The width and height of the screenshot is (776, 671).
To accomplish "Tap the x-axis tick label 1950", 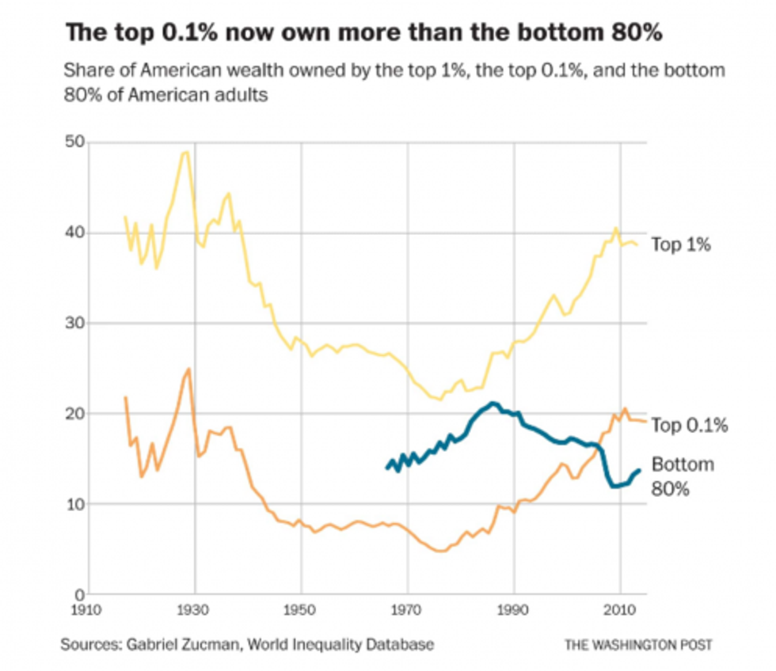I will [x=301, y=611].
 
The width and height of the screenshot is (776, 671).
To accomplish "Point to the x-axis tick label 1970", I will [x=408, y=611].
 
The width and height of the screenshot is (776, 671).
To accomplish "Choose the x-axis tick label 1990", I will [x=514, y=611].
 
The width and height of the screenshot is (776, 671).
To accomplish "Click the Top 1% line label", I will [x=680, y=245].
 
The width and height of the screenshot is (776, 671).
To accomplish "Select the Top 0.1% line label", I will [x=689, y=426].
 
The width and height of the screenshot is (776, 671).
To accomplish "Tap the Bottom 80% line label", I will [x=682, y=476].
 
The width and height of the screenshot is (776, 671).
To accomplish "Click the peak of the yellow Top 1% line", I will [x=185, y=152].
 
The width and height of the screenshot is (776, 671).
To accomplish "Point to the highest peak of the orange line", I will [x=188, y=369].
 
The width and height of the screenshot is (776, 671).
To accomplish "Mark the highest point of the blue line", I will [x=493, y=403].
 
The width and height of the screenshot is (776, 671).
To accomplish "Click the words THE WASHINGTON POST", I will [x=638, y=645].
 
